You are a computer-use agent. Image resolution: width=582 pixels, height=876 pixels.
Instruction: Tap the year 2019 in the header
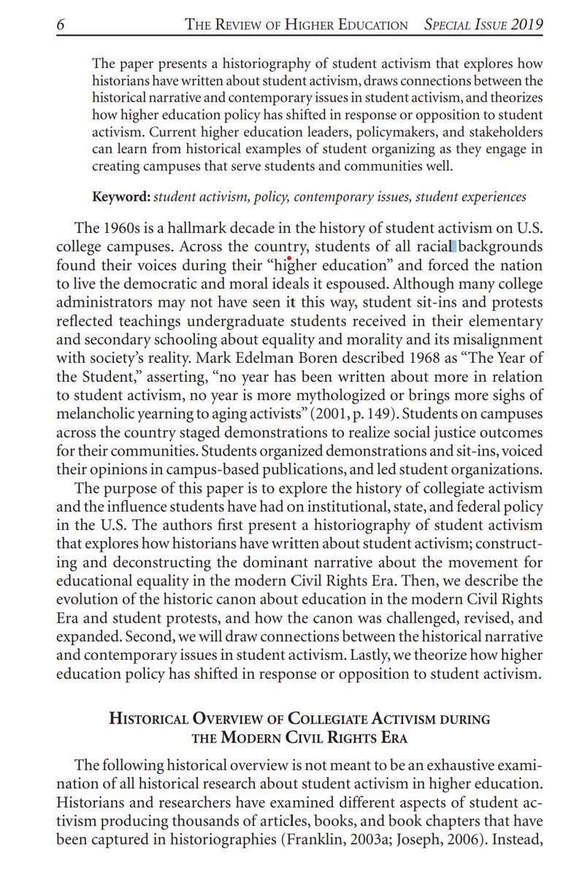point(527,25)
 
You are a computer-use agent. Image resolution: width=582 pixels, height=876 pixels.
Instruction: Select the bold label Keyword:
point(121,197)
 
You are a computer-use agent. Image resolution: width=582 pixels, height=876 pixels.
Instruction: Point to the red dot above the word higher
point(290,258)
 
